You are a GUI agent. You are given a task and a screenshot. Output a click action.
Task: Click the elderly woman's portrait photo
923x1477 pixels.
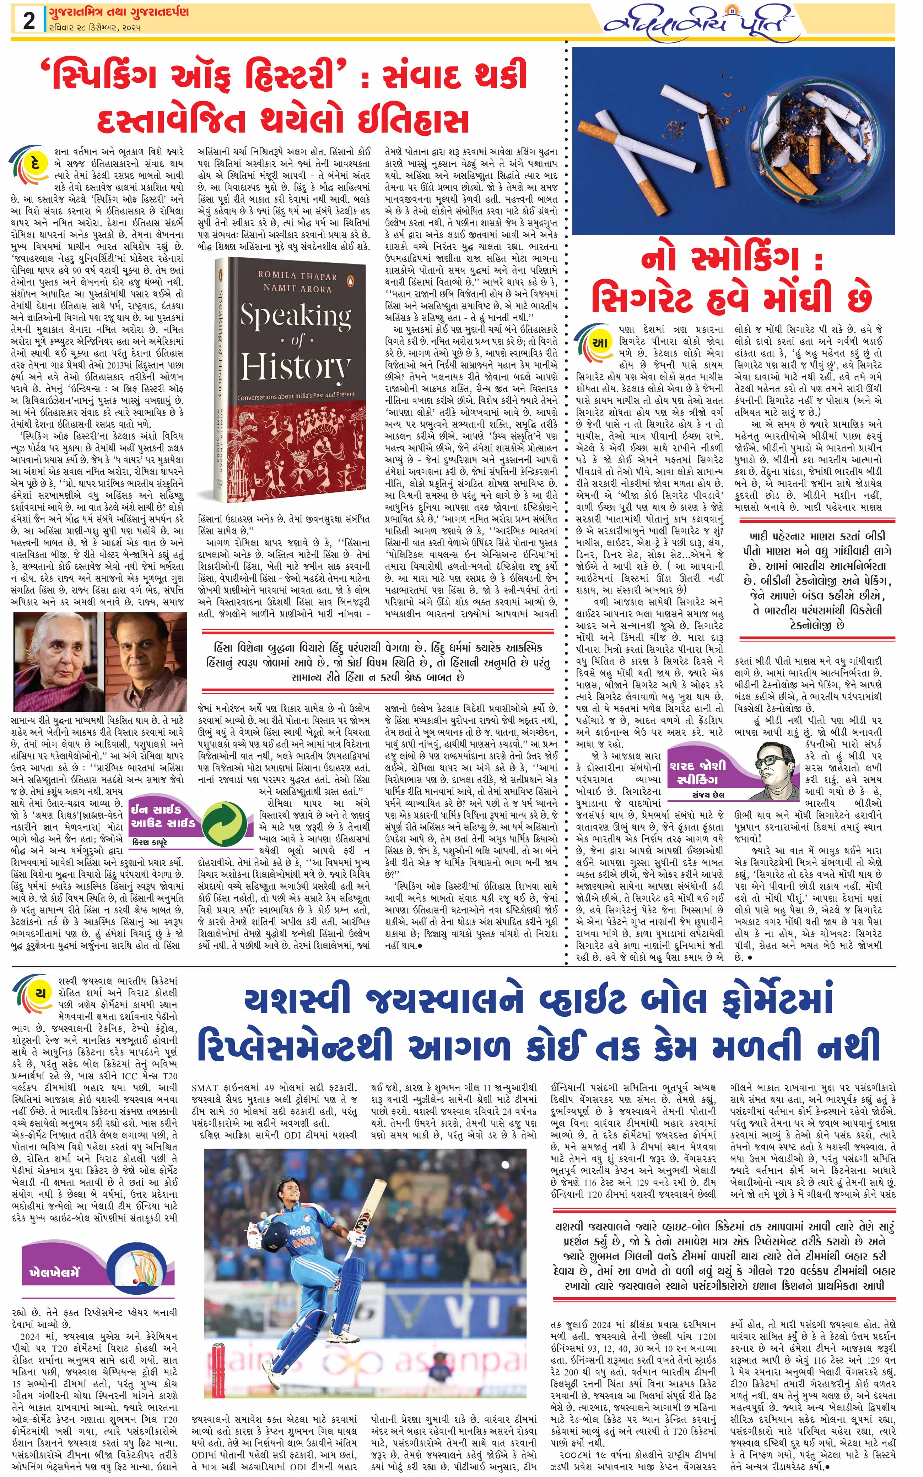click(58, 662)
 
